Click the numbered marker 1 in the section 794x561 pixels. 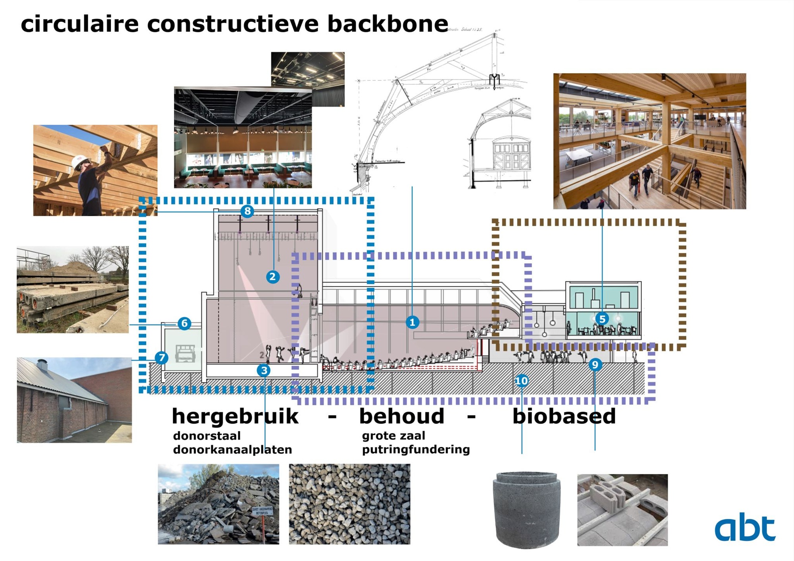pos(412,322)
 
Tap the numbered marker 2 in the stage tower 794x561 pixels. pos(272,277)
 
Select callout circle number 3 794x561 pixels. pos(264,370)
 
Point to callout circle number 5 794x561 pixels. pos(602,319)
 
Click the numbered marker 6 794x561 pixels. pos(184,323)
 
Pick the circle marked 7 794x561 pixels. pos(161,358)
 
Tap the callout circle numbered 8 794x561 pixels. pos(247,211)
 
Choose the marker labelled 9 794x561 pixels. pos(595,364)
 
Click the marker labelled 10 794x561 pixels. pos(522,381)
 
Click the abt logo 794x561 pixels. pos(745,527)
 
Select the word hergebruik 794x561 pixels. pos(235,416)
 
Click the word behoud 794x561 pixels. pos(402,416)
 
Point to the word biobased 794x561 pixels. pos(564,416)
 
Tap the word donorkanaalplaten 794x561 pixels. pos(232,450)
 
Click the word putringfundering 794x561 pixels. pos(415,449)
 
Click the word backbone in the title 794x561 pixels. pos(388,24)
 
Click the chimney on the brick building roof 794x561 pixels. pos(42,364)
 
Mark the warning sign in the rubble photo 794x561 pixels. pos(263,511)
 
